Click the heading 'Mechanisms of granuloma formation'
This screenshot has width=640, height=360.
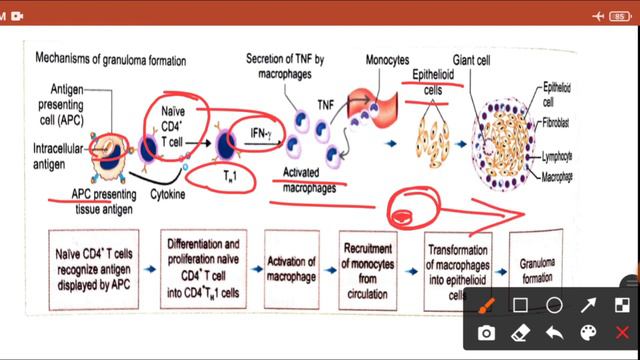coord(110,61)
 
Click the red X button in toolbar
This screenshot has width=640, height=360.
coord(622,332)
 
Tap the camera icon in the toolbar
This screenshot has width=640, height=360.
coord(486,332)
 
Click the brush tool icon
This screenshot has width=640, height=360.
coord(486,304)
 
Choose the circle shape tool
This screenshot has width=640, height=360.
coord(554,304)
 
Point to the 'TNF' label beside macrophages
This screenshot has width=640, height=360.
coord(326,103)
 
